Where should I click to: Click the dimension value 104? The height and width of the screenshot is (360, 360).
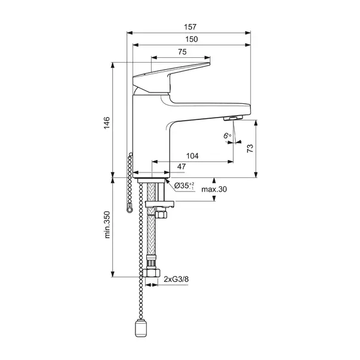192,156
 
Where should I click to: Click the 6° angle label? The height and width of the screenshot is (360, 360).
227,136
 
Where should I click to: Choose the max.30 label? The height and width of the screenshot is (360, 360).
214,190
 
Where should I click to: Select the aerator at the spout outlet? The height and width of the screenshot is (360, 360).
232,119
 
